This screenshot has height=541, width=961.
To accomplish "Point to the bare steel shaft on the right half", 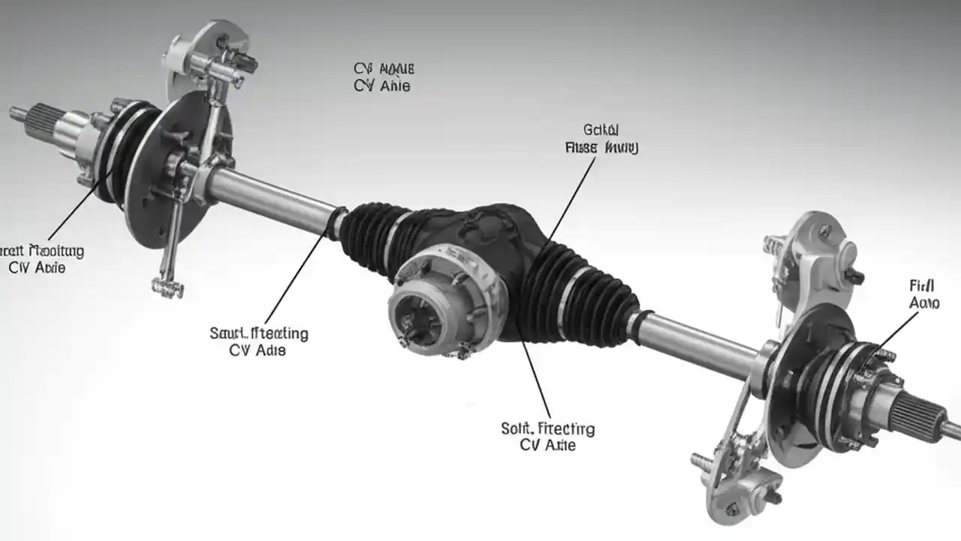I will pyautogui.click(x=698, y=342).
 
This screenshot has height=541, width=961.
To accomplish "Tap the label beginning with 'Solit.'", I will pyautogui.click(x=547, y=437).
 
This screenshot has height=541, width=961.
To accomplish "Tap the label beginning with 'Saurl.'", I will pyautogui.click(x=258, y=341).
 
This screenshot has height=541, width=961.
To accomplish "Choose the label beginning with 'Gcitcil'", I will pyautogui.click(x=601, y=139).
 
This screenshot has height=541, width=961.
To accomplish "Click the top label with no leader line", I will pyautogui.click(x=383, y=77).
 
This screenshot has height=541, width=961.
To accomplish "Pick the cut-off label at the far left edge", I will pyautogui.click(x=41, y=258).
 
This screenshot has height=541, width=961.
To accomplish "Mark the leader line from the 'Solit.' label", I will pyautogui.click(x=533, y=376).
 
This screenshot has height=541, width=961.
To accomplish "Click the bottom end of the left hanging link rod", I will pyautogui.click(x=167, y=286).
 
